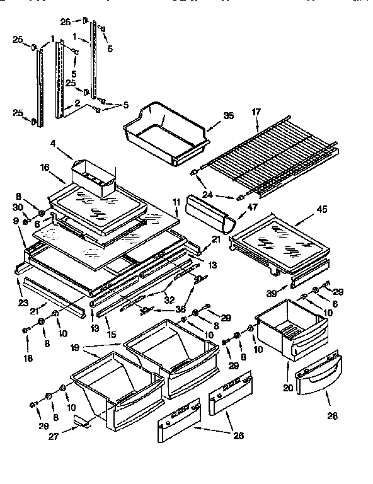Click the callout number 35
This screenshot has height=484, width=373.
tap(228, 116)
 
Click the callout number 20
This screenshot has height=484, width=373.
tap(288, 388)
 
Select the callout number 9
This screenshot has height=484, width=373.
tap(15, 221)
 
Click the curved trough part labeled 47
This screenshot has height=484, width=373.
tap(210, 214)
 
